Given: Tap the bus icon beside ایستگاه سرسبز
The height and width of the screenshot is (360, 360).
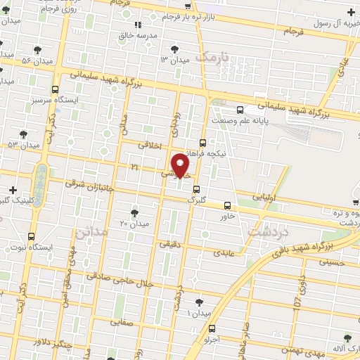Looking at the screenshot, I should coord(56,89).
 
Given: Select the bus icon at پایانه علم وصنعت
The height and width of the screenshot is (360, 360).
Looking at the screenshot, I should coord(240,110).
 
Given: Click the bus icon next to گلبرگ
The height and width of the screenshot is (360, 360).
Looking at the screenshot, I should coord(196,188).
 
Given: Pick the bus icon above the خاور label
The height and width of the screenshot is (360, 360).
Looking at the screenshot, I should coord(226,205).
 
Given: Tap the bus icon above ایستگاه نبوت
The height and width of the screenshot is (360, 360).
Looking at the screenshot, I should coord(31,236).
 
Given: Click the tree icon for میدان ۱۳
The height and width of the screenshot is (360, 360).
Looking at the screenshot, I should coord(175,49).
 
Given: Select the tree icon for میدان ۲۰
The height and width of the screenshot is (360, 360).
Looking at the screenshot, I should coord(134,212).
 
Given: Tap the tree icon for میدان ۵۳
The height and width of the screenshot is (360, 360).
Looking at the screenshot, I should coord(23,134).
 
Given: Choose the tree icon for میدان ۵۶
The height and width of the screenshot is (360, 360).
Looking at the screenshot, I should coord(37,49).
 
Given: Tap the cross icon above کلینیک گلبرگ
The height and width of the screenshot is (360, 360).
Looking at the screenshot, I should coord(13,190).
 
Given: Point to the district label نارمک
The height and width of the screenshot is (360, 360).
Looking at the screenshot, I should coord(214,56).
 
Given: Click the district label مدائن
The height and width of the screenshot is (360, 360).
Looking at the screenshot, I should coord(91,231).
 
